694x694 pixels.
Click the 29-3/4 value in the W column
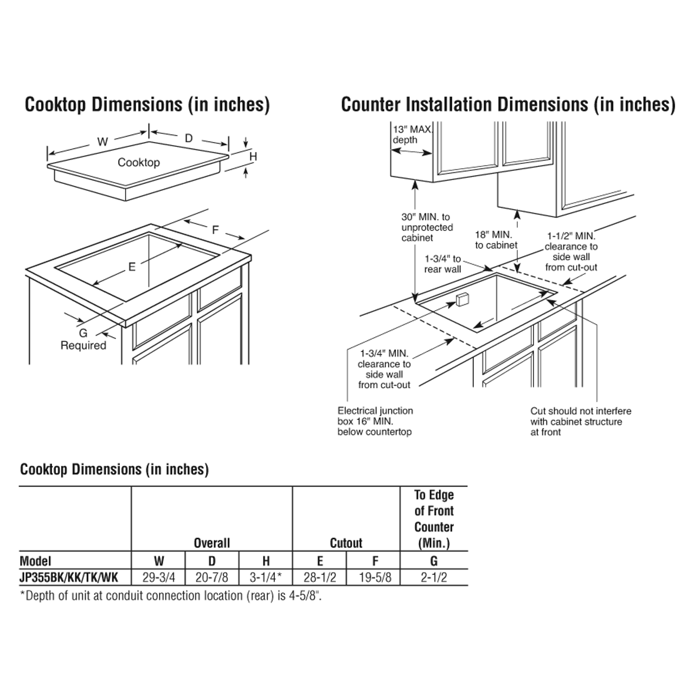coord(158,577)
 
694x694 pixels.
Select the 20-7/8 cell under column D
coord(211,577)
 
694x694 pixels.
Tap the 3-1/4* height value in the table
coord(266,577)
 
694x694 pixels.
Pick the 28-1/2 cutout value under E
coord(320,577)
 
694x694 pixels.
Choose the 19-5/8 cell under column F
coord(375,577)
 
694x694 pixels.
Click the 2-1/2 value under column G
coord(434,577)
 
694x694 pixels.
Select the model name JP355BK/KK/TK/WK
coord(69,577)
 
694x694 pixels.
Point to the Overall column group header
coord(212,543)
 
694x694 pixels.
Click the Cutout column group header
coord(346,543)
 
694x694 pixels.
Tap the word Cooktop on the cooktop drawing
coord(139,163)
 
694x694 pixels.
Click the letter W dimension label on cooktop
coord(102,142)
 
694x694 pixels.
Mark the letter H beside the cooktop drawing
coord(253,157)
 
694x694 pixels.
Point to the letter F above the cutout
coord(215,230)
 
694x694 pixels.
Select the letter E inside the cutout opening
coord(132,267)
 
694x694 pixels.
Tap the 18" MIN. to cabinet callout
coord(496,240)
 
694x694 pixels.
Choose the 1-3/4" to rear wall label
coord(442,264)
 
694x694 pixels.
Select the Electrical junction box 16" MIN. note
coord(375,421)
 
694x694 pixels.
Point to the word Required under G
coord(83,345)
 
